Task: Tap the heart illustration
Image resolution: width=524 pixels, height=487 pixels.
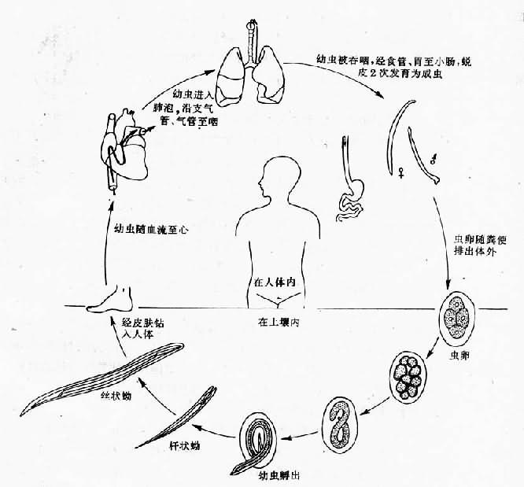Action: [124, 142]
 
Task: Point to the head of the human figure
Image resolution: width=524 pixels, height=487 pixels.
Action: [281, 174]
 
